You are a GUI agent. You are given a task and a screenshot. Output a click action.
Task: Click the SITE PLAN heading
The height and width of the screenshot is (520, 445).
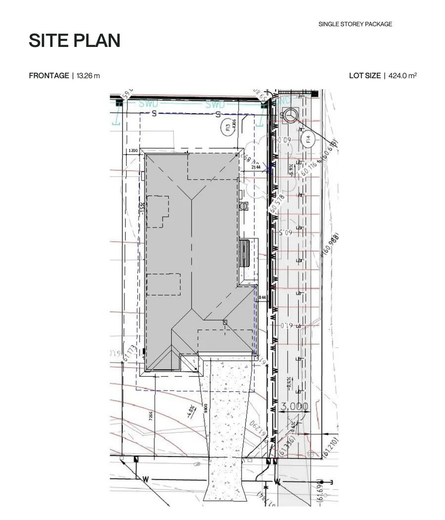75,41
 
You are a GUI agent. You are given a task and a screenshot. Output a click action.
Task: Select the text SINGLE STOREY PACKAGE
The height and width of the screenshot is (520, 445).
355,24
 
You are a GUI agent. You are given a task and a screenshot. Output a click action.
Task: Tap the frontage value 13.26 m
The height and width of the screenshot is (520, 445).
88,76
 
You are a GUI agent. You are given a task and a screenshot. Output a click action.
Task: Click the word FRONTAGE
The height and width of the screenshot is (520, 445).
49,76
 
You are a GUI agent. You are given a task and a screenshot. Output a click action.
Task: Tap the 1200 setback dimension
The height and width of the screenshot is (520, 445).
133,151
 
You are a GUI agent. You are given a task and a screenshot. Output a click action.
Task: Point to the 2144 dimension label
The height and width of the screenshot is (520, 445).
256,167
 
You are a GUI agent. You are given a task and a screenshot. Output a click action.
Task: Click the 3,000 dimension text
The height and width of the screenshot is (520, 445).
295,407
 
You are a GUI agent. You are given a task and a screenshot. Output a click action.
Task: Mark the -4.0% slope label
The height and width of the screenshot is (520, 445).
190,411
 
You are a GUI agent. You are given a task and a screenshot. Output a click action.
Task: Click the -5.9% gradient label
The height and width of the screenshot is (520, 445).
291,170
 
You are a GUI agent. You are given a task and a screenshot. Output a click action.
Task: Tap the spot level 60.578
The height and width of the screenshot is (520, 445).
277,204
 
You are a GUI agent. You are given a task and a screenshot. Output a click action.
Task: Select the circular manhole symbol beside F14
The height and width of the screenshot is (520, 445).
290,116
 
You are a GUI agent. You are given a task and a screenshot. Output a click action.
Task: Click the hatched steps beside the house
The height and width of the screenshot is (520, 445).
245,253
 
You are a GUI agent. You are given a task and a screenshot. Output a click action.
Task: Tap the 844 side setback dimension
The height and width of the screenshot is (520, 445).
262,298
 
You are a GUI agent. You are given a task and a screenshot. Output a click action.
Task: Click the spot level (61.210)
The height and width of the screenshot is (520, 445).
330,447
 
